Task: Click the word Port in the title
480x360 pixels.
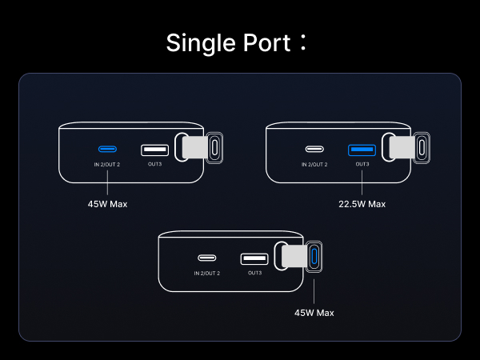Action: pyautogui.click(x=265, y=42)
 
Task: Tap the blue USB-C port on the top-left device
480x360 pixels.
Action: pyautogui.click(x=107, y=149)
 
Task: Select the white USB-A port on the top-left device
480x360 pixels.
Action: pyautogui.click(x=154, y=150)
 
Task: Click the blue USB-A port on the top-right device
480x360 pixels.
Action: pyautogui.click(x=362, y=150)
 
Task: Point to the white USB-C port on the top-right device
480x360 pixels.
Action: pyautogui.click(x=314, y=149)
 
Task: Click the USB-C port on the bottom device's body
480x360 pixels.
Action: pyautogui.click(x=207, y=258)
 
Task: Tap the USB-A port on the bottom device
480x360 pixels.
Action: pyautogui.click(x=254, y=258)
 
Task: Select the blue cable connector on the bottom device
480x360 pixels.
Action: pyautogui.click(x=314, y=258)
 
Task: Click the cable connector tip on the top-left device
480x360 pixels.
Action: pyautogui.click(x=214, y=149)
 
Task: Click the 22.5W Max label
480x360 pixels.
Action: pyautogui.click(x=362, y=204)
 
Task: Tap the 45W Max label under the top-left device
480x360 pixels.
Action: pyautogui.click(x=107, y=204)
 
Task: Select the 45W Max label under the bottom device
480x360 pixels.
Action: pyautogui.click(x=314, y=313)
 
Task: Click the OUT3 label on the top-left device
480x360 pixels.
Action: pyautogui.click(x=154, y=164)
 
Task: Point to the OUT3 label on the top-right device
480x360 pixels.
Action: pyautogui.click(x=362, y=164)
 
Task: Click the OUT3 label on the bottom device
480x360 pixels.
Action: pyautogui.click(x=254, y=273)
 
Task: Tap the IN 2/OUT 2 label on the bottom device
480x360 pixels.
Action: pyautogui.click(x=207, y=273)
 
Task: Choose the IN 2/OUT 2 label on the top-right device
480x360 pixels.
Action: pyautogui.click(x=314, y=164)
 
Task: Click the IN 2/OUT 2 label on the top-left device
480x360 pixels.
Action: pyautogui.click(x=107, y=164)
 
